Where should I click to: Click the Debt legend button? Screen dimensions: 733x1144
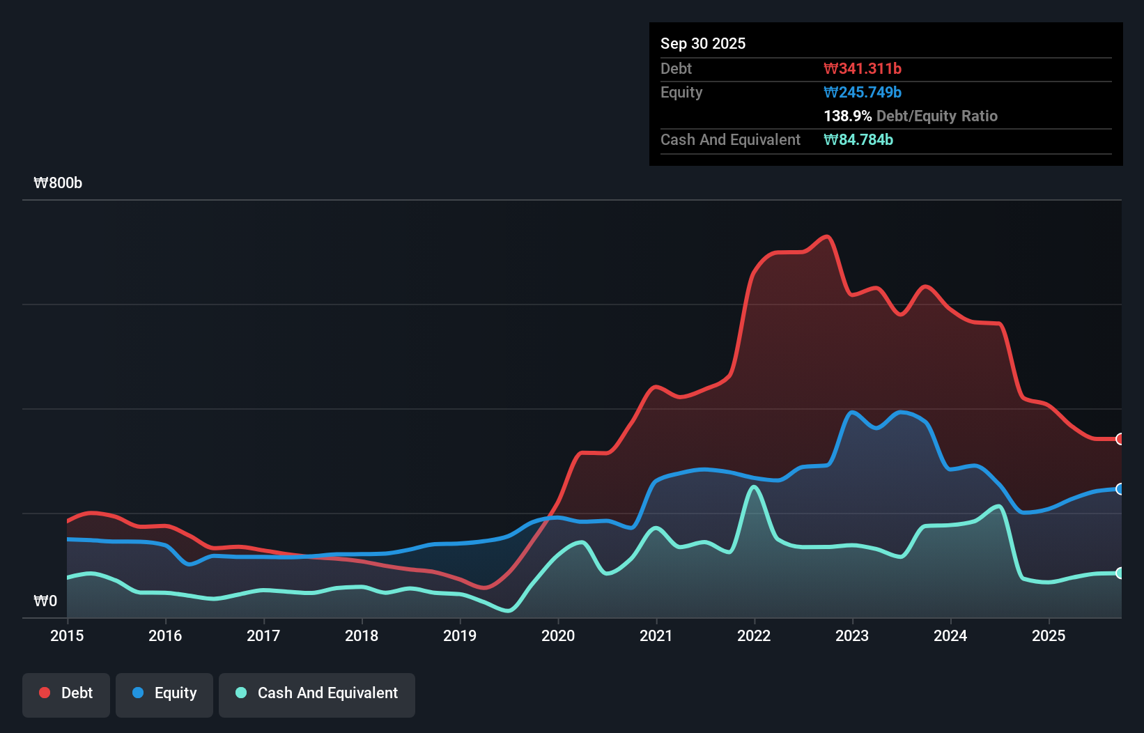pyautogui.click(x=66, y=693)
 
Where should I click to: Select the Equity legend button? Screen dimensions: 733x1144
pyautogui.click(x=164, y=693)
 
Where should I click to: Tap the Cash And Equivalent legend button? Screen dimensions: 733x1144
pyautogui.click(x=317, y=693)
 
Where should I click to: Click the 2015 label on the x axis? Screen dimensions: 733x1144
pyautogui.click(x=67, y=635)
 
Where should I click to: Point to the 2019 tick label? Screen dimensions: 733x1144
pyautogui.click(x=460, y=635)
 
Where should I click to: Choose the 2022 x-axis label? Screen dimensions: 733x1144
pyautogui.click(x=754, y=635)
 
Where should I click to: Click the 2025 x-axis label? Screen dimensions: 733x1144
pyautogui.click(x=1049, y=635)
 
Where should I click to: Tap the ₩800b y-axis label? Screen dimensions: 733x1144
pyautogui.click(x=58, y=183)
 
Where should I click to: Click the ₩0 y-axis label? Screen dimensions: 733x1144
pyautogui.click(x=45, y=601)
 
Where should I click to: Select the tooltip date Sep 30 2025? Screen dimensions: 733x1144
pyautogui.click(x=703, y=44)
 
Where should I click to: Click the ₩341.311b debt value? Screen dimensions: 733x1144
pyautogui.click(x=863, y=68)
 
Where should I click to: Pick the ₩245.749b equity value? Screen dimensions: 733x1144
pyautogui.click(x=863, y=92)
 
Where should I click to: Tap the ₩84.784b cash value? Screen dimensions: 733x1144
pyautogui.click(x=858, y=139)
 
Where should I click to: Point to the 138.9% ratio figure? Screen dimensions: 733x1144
pyautogui.click(x=848, y=116)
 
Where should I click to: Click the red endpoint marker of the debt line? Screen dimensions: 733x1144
pyautogui.click(x=1120, y=439)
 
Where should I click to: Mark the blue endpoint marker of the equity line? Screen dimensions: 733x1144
pyautogui.click(x=1120, y=489)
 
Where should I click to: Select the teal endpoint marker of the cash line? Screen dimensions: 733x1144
pyautogui.click(x=1120, y=573)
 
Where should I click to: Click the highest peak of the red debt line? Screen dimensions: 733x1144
pyautogui.click(x=827, y=237)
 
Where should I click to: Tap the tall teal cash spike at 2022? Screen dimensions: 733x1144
pyautogui.click(x=754, y=487)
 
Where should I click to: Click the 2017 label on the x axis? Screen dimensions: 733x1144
pyautogui.click(x=263, y=635)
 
